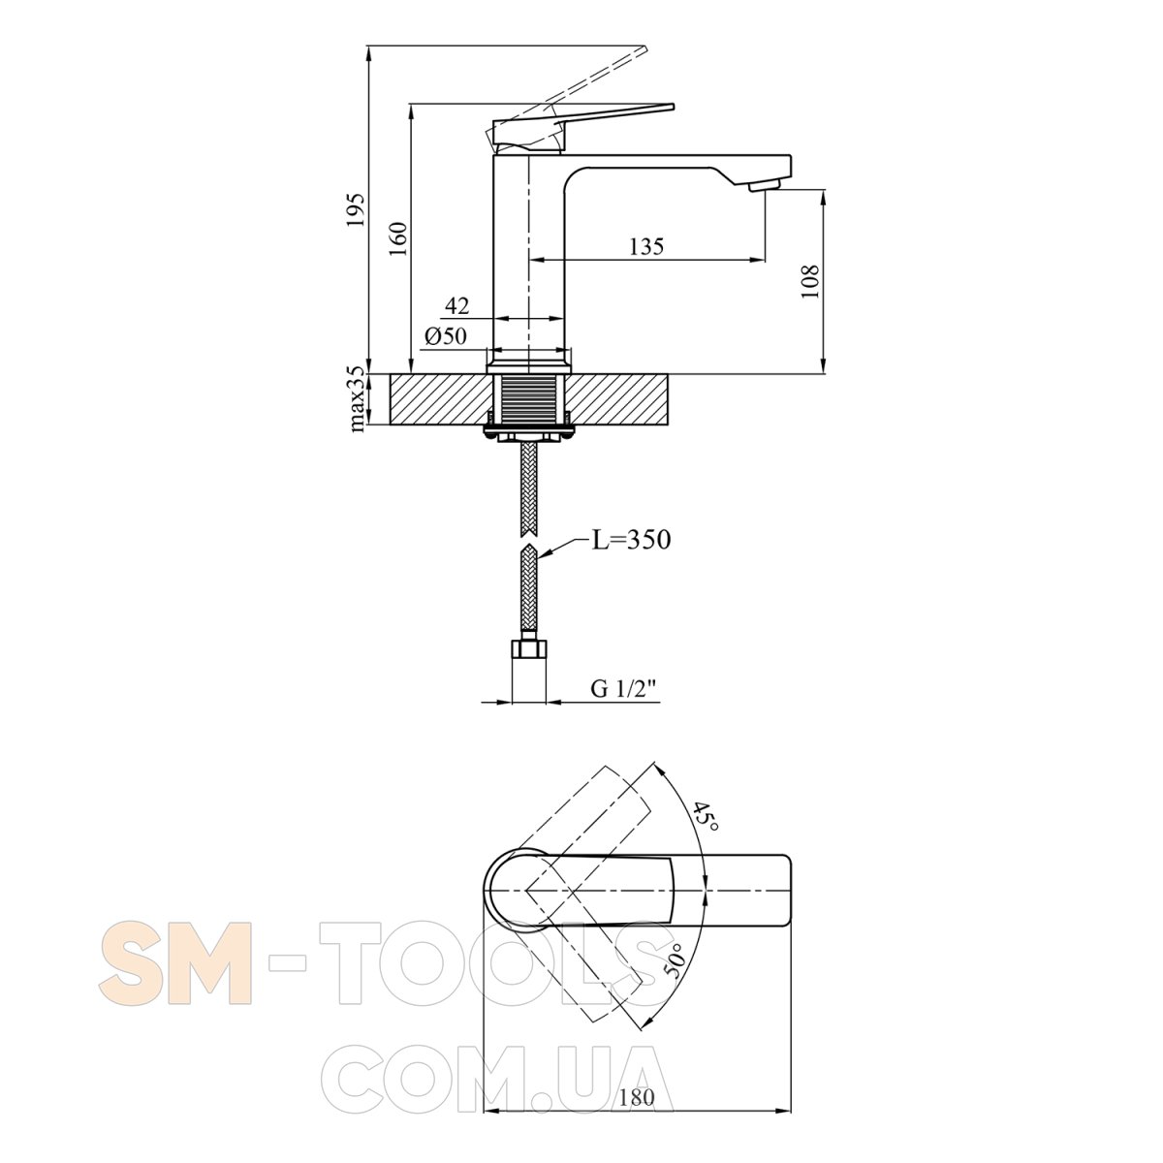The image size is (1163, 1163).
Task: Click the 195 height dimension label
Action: [x=357, y=210]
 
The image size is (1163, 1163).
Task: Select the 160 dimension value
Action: [x=398, y=239]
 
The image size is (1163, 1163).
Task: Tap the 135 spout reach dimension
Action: [x=646, y=246]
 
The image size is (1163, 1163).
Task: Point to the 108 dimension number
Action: [x=810, y=281]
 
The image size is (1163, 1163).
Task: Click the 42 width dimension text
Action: [x=456, y=306]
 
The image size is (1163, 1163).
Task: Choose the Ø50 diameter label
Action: [x=446, y=336]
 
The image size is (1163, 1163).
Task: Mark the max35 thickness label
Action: [x=358, y=399]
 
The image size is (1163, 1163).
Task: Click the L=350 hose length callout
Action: [x=631, y=540]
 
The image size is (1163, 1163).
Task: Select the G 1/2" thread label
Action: [x=623, y=689]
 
